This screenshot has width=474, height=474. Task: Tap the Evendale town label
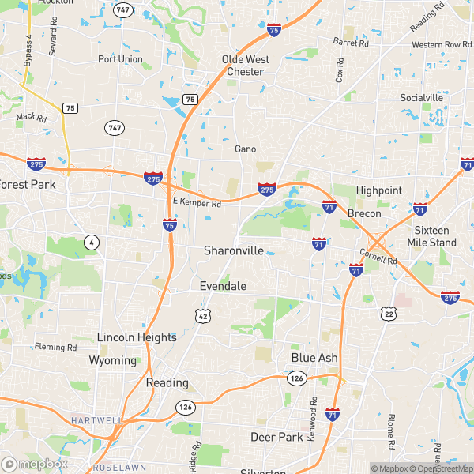[223, 286]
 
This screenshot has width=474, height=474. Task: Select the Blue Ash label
[314, 358]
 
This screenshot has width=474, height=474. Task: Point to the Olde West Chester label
[246, 66]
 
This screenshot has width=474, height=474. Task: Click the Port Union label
[120, 59]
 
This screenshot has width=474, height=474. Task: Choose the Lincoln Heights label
[137, 337]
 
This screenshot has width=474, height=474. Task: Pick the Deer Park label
[277, 437]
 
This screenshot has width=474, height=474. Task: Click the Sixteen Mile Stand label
[436, 236]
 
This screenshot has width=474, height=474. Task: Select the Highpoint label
[379, 190]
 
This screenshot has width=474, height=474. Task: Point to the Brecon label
[364, 214]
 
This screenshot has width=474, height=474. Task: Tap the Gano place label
[246, 149]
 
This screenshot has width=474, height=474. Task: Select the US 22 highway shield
[389, 314]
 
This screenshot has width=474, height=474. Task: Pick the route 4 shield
[92, 243]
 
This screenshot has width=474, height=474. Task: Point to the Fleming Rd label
[55, 347]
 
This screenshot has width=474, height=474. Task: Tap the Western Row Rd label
[437, 44]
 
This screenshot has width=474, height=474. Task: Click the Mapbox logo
[34, 464]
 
